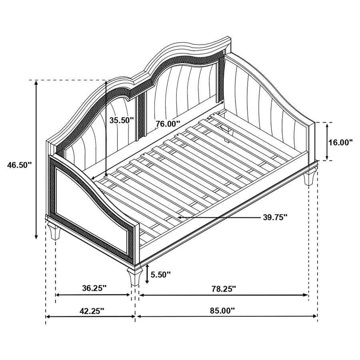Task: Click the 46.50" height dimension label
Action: pos(19,164)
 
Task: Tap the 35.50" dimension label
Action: pos(121,120)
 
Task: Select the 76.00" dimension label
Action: pos(168,124)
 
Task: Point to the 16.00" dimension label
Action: pos(340,142)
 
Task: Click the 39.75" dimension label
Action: pos(276,217)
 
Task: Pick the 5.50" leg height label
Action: pos(160,274)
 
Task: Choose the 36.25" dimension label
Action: pos(94,288)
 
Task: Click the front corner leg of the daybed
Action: pos(133,276)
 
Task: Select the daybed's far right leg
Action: pos(309,178)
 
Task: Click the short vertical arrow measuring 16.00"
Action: pos(328,142)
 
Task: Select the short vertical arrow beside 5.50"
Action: pos(147,274)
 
